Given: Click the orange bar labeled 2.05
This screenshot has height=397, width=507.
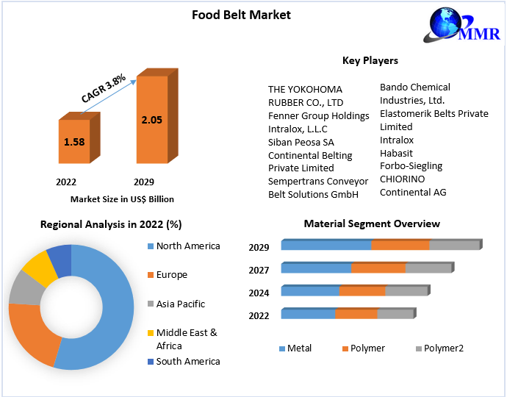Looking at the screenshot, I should click(152, 119).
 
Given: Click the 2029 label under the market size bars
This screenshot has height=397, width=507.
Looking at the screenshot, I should click(143, 182).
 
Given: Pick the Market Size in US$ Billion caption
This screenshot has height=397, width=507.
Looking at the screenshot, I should click(122, 199).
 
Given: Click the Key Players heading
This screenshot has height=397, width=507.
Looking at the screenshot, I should click(370, 60).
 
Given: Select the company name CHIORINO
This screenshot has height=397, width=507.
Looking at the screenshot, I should click(402, 179).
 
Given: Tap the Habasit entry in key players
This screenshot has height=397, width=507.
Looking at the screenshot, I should click(396, 153).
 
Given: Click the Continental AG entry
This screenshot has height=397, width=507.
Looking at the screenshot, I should click(413, 193).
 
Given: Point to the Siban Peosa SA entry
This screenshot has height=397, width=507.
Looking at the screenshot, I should click(301, 142).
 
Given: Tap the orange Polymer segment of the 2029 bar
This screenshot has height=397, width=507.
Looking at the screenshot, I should click(400, 246).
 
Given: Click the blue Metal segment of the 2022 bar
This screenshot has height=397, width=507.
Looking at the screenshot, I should click(308, 314).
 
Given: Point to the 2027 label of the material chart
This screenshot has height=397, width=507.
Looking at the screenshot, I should click(259, 270).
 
